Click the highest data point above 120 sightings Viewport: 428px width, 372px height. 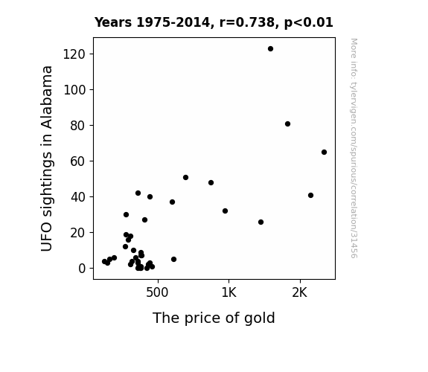tap(270, 49)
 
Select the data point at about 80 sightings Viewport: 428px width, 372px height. tap(287, 124)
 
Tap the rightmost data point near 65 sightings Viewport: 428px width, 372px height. tap(324, 152)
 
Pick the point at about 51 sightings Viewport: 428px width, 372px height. tap(185, 177)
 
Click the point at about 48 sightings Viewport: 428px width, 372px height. tap(211, 182)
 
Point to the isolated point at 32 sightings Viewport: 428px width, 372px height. tap(226, 211)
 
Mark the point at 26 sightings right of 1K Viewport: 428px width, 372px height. tap(261, 222)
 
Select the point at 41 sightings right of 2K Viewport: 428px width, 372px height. tap(310, 196)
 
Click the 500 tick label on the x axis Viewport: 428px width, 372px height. tap(157, 292)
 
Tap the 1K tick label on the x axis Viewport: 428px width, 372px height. tap(229, 292)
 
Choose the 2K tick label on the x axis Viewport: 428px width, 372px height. tap(300, 292)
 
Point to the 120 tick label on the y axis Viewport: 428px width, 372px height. tap(74, 54)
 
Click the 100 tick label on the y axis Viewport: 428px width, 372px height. tap(74, 90)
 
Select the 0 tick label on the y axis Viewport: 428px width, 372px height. tap(82, 269)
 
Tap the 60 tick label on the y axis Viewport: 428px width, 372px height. tap(78, 161)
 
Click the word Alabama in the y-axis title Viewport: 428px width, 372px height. tap(46, 97)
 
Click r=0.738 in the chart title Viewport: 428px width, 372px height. tap(247, 22)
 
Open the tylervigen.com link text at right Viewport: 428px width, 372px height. tap(354, 148)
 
